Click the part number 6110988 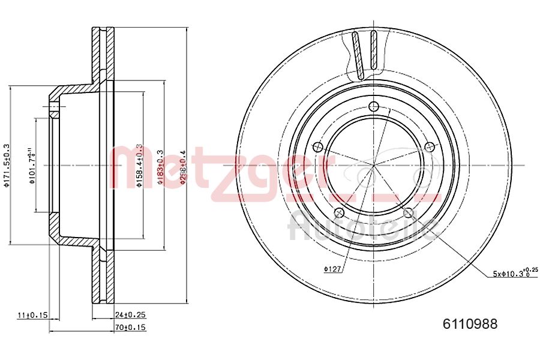[x=470, y=325]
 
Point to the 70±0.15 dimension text [x=131, y=327]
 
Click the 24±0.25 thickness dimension [x=131, y=314]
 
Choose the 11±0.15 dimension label [x=32, y=314]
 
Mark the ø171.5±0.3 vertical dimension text [x=7, y=165]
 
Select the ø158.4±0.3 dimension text [x=139, y=165]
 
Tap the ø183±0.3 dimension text [x=160, y=165]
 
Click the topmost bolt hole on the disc [x=373, y=107]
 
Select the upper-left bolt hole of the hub [x=318, y=146]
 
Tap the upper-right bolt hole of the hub [x=429, y=146]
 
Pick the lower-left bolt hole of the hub [x=339, y=212]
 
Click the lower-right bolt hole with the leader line [x=409, y=212]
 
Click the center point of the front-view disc [x=373, y=165]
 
